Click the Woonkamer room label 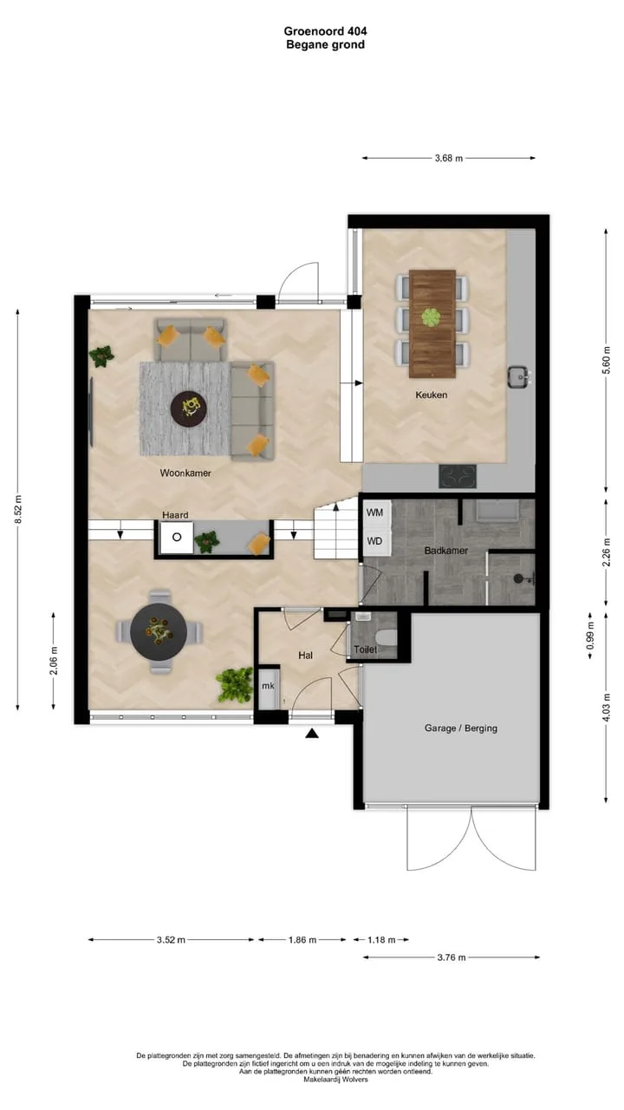[185, 473]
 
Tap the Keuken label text [431, 395]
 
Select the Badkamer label [445, 551]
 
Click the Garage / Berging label [460, 728]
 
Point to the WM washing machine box [376, 513]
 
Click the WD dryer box [376, 540]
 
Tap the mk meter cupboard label [268, 686]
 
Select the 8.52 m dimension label [18, 509]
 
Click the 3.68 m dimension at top [449, 159]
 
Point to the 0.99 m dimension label [590, 635]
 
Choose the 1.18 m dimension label [381, 939]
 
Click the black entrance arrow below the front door [311, 734]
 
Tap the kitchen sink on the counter [519, 377]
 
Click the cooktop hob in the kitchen [458, 477]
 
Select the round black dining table [159, 632]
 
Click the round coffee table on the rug [188, 408]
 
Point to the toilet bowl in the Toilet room [387, 638]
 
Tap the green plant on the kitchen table [431, 317]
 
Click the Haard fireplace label [175, 515]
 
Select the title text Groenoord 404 [325, 31]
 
